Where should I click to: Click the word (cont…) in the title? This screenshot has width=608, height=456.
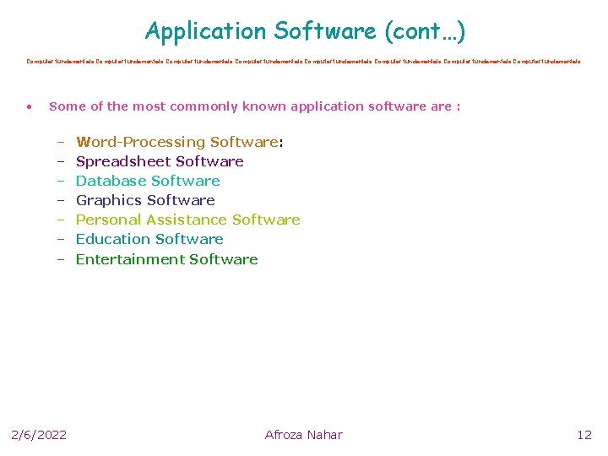(425, 32)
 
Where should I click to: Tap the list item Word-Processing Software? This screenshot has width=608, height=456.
(177, 142)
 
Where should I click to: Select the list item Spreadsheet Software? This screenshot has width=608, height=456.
(160, 161)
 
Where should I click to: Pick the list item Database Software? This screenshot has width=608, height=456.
(148, 181)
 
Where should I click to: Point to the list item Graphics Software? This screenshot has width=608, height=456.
(145, 200)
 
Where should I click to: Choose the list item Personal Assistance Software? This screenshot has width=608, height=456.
(187, 220)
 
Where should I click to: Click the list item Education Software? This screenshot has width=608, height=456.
(149, 239)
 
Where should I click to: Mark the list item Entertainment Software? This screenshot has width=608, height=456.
(166, 259)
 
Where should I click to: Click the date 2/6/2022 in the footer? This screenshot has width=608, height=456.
(39, 435)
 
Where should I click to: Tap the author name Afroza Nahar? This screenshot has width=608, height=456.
(304, 435)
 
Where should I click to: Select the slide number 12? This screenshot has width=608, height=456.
(584, 435)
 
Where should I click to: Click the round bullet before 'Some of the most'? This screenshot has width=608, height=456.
(29, 107)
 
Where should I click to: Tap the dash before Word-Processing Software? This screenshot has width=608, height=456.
(61, 143)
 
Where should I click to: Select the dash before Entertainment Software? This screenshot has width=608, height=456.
(61, 260)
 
